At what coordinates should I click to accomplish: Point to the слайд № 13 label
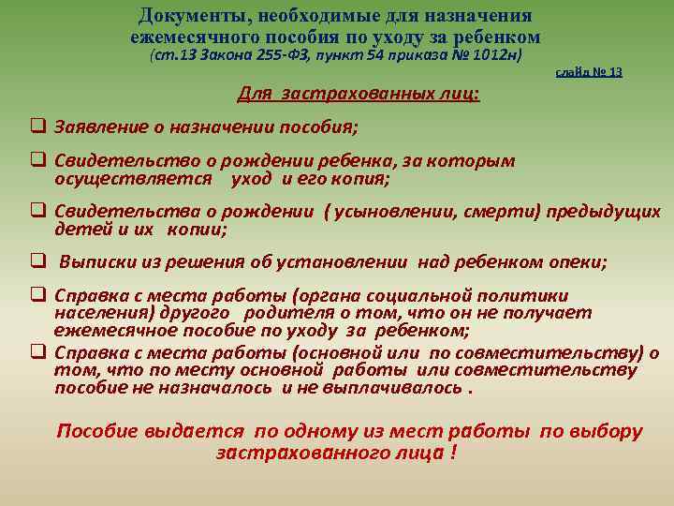point(589,72)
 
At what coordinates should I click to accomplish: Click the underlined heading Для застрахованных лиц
point(359,94)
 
